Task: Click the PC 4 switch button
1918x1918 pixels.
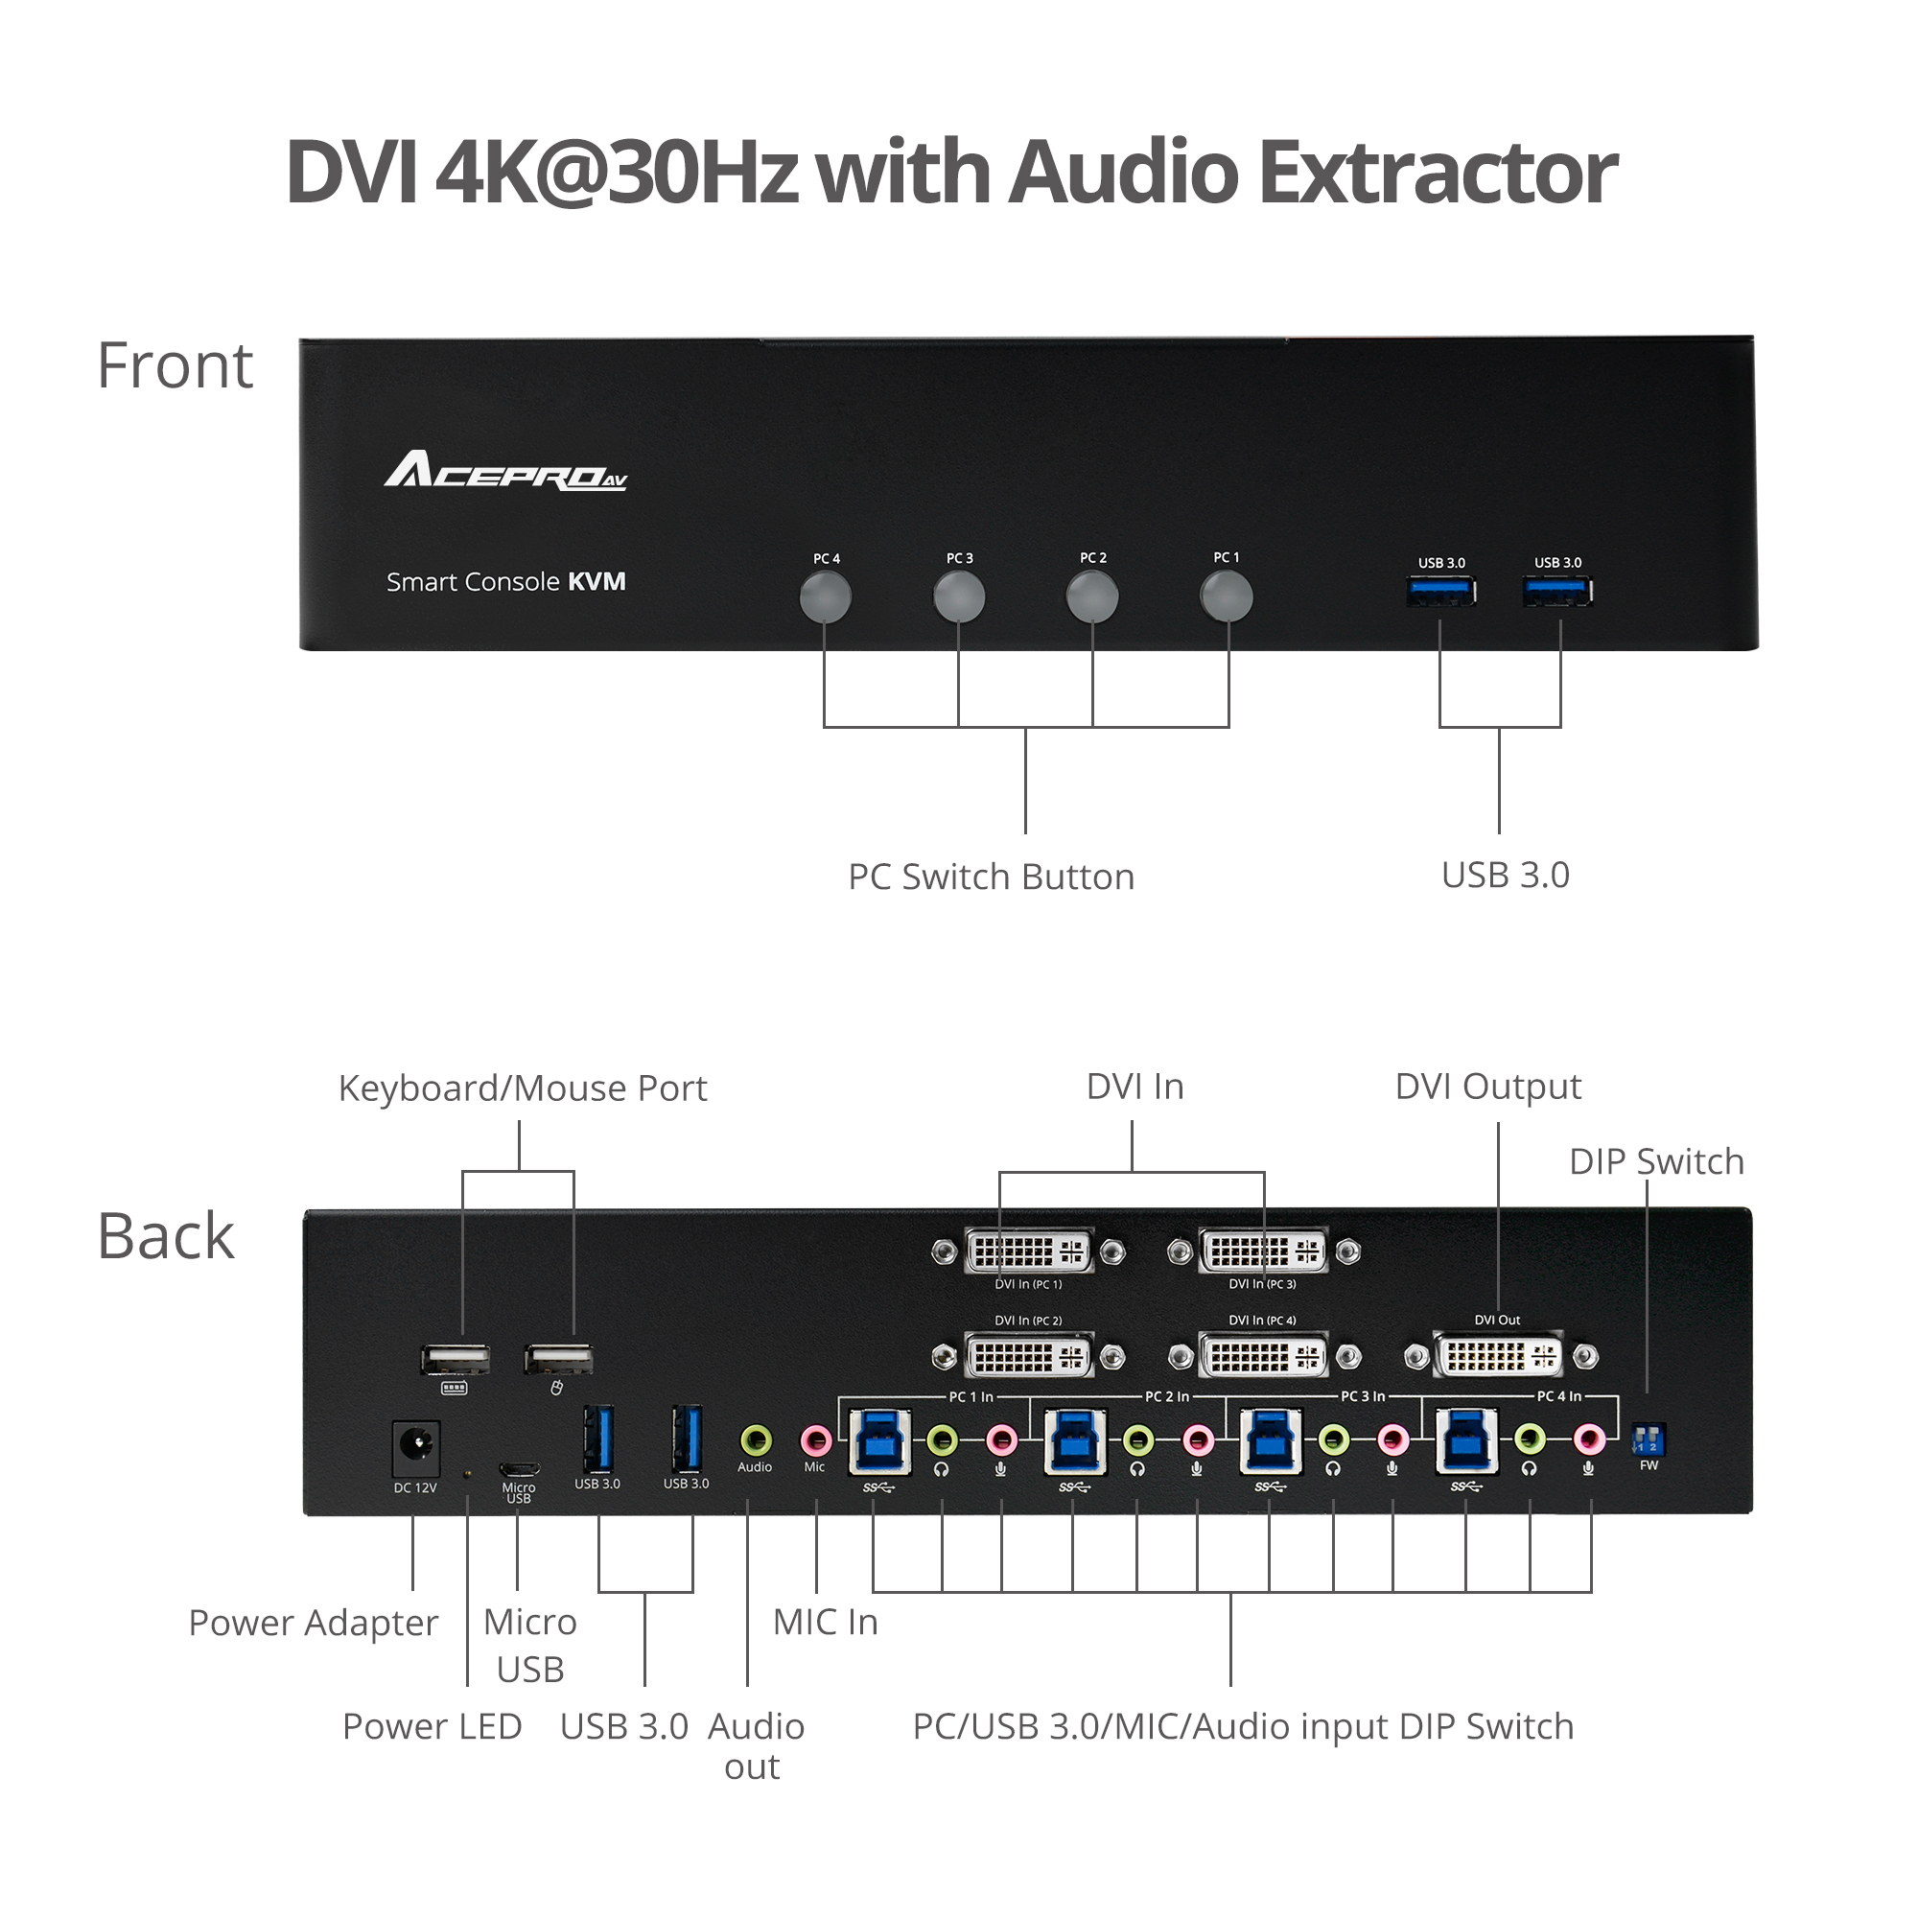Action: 825,597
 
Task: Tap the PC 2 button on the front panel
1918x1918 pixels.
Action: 1092,597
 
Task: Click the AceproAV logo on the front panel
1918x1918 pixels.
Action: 505,471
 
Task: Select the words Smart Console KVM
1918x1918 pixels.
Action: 505,582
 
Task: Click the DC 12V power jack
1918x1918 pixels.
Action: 416,1447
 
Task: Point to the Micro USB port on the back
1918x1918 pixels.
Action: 518,1468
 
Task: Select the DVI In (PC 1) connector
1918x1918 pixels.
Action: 1028,1251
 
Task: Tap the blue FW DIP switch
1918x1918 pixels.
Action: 1648,1438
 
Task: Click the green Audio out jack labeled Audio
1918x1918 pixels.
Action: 756,1439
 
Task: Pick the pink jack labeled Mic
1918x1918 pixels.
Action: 815,1439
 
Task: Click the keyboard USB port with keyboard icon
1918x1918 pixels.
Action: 456,1358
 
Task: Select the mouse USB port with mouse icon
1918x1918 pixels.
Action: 559,1358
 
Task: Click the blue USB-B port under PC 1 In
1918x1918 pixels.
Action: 879,1441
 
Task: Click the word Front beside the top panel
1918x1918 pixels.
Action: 175,365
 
